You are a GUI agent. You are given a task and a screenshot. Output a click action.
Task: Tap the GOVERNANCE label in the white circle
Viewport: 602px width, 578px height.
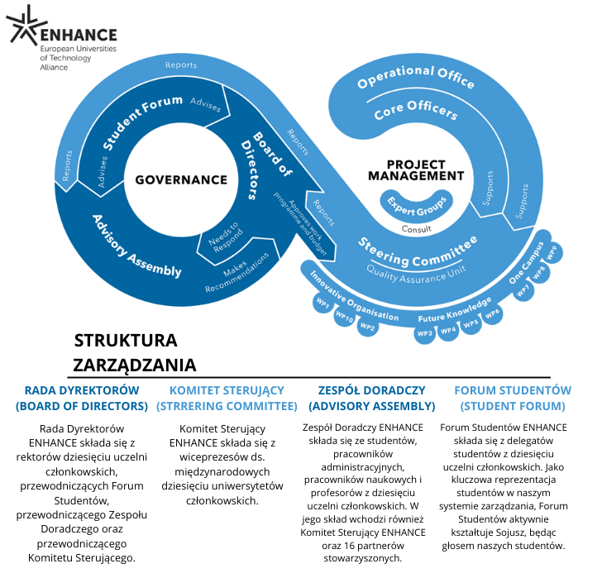click(181, 179)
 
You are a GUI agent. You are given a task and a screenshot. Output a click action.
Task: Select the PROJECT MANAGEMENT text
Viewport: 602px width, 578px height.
click(415, 170)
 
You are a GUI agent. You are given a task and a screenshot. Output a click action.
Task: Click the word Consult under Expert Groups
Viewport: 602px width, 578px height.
click(416, 229)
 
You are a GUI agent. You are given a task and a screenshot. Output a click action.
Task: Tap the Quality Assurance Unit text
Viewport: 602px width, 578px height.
click(417, 266)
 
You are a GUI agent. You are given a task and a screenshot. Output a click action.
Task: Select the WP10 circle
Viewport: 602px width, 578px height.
click(345, 318)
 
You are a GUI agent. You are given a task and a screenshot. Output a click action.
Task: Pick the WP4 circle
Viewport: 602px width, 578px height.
click(448, 330)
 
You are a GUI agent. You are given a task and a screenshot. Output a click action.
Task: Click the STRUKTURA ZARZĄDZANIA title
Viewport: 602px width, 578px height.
click(136, 352)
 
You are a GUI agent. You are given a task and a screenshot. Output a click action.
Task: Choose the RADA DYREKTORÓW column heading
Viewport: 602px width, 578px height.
click(81, 398)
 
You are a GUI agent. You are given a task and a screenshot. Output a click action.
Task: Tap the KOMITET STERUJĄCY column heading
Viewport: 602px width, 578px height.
click(227, 398)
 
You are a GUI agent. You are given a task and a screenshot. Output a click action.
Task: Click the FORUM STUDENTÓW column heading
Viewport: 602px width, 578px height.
click(513, 398)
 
